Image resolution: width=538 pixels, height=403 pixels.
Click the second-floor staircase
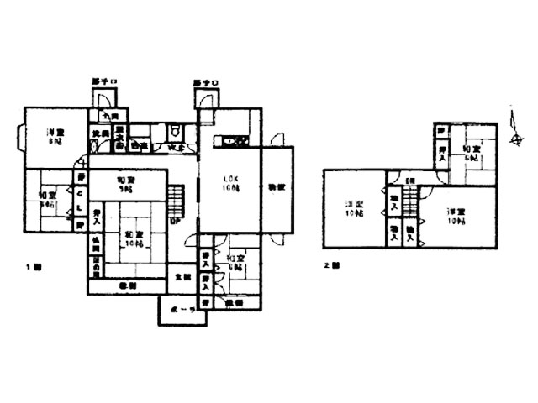coord(409,201)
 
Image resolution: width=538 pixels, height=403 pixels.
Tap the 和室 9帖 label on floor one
coord(126,183)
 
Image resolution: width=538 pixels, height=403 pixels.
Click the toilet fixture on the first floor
coord(174,133)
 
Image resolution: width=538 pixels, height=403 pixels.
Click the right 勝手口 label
coord(205,82)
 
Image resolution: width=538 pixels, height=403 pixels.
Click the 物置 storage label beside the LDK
coord(276,186)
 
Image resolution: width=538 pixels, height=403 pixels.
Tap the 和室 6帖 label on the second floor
coord(470,153)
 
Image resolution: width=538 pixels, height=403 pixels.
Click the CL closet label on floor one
coord(80,201)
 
